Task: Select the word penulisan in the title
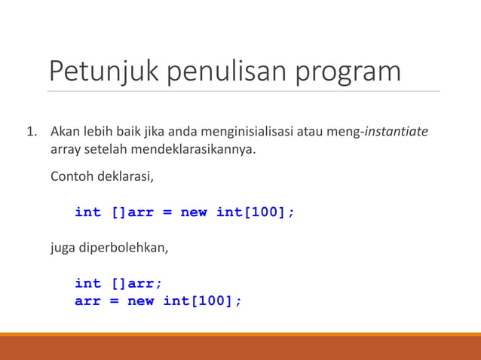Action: [227, 72]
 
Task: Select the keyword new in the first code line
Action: [194, 212]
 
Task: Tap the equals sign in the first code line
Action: [167, 212]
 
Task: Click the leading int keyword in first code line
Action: [87, 212]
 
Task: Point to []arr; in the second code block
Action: [136, 283]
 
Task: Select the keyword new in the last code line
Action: [140, 301]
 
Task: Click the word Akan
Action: [64, 133]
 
